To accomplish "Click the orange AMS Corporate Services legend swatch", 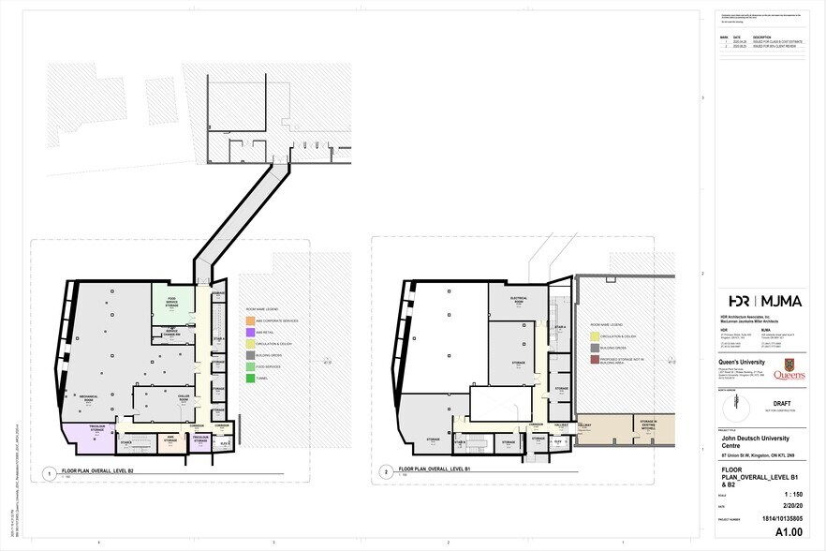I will click(x=250, y=320).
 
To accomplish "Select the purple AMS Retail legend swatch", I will click(x=250, y=332).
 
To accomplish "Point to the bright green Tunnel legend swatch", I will click(x=250, y=377).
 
